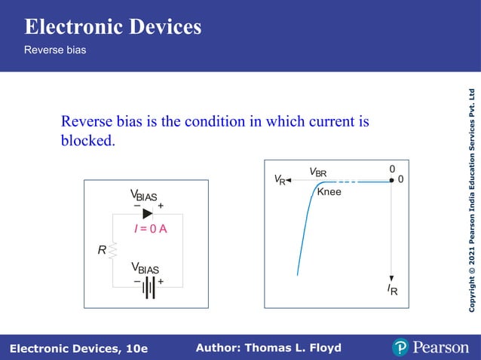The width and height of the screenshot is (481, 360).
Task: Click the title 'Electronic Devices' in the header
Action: tap(113, 27)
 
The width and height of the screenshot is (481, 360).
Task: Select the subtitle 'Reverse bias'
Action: tap(55, 50)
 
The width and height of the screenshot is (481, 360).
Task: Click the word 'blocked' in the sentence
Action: tap(87, 140)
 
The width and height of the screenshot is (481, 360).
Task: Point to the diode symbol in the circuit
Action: tap(147, 213)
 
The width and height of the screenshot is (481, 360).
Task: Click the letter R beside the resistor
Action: tap(102, 250)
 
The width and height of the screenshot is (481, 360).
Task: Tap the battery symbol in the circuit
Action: tap(149, 288)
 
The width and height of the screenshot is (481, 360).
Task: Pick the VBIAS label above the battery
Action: tap(145, 268)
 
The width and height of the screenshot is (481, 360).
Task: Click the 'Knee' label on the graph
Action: tap(329, 192)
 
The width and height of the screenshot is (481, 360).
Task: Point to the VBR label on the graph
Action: tap(318, 172)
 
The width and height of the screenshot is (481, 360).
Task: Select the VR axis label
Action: tap(279, 180)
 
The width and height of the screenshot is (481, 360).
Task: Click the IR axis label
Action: tap(392, 290)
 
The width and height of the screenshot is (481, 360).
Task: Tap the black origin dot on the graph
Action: tap(392, 180)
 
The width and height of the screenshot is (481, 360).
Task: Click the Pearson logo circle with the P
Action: tap(400, 347)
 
